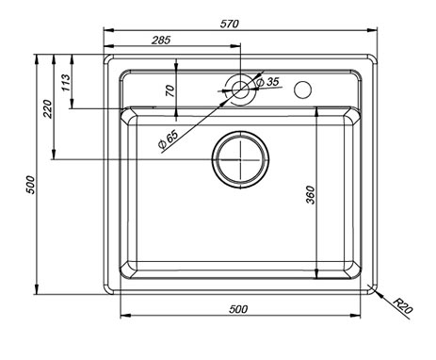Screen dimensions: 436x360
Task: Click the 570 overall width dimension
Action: point(229,24)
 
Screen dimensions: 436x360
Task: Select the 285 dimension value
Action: point(161,40)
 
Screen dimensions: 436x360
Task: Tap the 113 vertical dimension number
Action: point(66,82)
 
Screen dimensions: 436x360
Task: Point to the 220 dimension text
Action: point(48,108)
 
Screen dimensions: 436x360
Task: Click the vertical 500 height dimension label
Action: point(30,185)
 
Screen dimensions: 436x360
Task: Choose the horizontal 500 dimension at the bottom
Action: point(238,309)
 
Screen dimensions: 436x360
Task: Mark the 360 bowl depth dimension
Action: point(310,195)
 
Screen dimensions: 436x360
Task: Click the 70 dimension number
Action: point(170,90)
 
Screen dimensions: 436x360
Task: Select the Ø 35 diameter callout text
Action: point(267,82)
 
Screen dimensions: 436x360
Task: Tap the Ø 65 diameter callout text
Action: point(169,139)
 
